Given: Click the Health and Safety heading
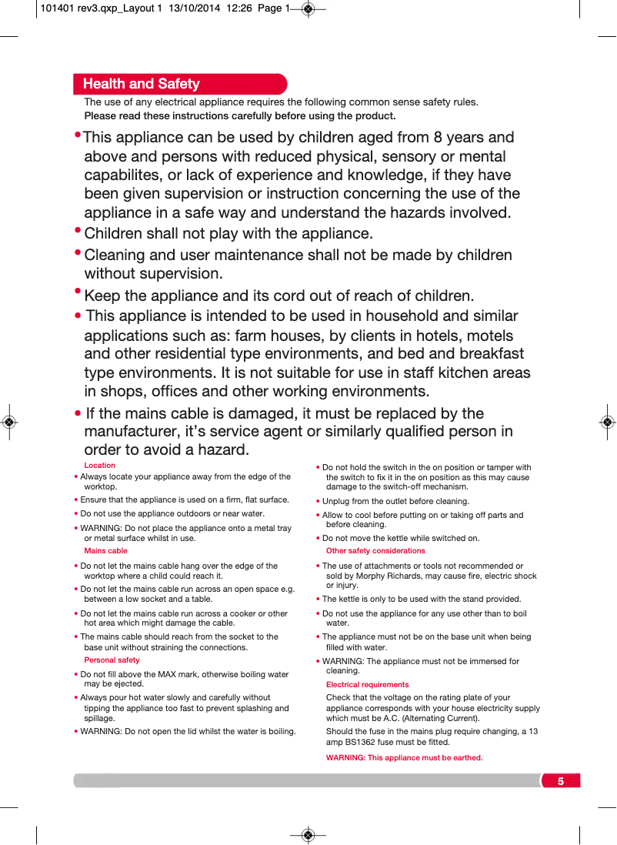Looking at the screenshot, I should click(x=141, y=84).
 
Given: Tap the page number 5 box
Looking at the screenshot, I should click(x=560, y=781).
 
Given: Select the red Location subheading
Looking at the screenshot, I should click(x=99, y=465).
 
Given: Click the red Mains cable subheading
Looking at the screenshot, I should click(x=105, y=551).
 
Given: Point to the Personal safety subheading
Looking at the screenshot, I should click(x=112, y=660).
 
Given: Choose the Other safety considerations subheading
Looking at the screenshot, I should click(x=375, y=551).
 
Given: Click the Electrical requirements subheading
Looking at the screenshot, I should click(x=367, y=684).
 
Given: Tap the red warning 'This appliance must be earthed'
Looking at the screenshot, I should click(x=404, y=757).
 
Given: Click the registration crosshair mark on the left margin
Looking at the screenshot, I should click(x=8, y=422).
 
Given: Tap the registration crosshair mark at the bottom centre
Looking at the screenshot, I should click(x=308, y=834).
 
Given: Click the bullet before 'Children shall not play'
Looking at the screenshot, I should click(x=78, y=230).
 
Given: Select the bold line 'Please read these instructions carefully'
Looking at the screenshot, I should click(x=239, y=116).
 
